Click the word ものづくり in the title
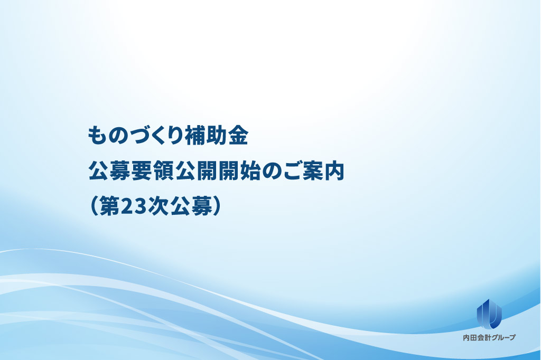coord(135,135)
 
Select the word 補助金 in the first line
coord(216,135)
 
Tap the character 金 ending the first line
coord(238,135)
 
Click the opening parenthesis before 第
coord(94,206)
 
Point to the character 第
coord(109,206)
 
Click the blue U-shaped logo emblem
coord(489,314)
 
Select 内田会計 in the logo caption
coord(476,338)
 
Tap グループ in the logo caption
coord(502,338)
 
